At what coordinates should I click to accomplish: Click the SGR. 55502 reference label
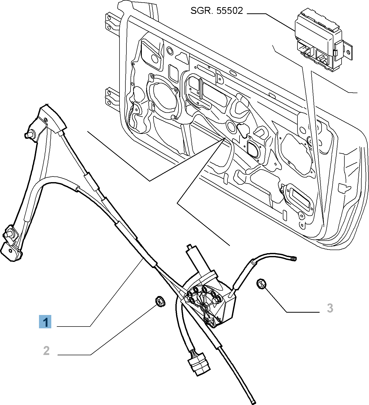coord(217,11)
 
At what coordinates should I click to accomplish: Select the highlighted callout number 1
coord(45,322)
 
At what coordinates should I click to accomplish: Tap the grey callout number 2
coord(46,350)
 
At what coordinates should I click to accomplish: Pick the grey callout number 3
coord(330,308)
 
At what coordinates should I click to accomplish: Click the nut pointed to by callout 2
coord(160,301)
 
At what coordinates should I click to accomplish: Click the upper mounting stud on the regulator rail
coord(29,135)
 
